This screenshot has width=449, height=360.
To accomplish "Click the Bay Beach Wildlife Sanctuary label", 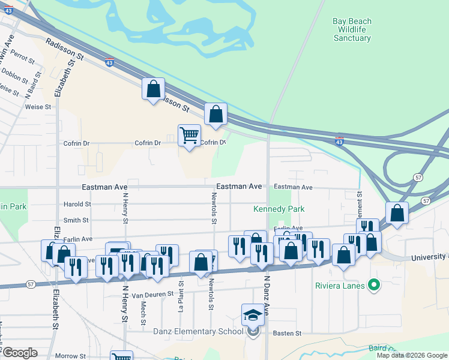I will pos(352,29).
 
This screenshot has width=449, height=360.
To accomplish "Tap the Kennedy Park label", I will pos(279,209).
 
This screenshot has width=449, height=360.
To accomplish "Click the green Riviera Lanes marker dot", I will pos(375,284).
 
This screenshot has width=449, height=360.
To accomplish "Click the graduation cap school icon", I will pos(253,315).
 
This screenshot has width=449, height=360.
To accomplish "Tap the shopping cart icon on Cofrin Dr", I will pos(189,136).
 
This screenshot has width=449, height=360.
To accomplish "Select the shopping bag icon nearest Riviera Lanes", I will pos(344,254).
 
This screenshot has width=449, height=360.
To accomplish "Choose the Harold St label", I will pos(77,204).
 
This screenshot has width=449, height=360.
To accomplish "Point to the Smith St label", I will pos(76,220).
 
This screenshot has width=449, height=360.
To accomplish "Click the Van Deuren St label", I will pos(152,295).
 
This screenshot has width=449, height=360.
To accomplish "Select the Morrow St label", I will pos(70,356).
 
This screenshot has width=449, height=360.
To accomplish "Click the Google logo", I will pos(19,353).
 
